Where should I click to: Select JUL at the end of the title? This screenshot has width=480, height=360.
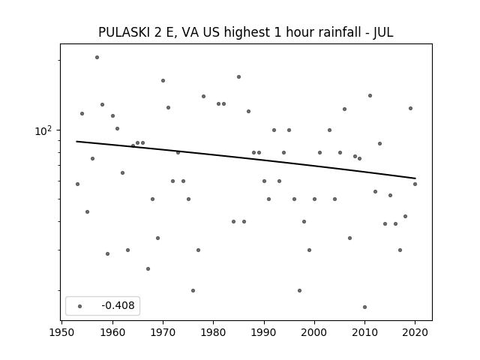[x=383, y=32]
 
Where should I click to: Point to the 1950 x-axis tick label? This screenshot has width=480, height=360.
[x=61, y=332]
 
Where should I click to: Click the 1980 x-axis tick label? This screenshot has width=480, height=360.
[x=213, y=332]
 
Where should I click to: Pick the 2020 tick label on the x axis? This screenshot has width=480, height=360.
[x=415, y=332]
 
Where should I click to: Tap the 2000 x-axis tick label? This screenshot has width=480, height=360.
[x=314, y=332]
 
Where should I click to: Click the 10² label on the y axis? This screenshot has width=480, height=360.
[x=43, y=130]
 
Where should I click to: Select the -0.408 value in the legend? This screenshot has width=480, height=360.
[x=118, y=305]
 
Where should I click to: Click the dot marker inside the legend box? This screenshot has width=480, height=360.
[x=79, y=306]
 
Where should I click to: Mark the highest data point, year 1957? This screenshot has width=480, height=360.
[x=97, y=57]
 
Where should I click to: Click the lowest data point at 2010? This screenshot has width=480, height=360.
[x=364, y=307]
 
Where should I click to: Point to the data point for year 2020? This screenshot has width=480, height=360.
[x=415, y=184]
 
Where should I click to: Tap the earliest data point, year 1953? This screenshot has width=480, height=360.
[x=77, y=184]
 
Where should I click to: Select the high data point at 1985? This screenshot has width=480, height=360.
[x=238, y=76]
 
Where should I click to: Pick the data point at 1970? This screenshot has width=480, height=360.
[x=163, y=80]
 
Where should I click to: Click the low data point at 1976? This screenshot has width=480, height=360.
[x=193, y=290]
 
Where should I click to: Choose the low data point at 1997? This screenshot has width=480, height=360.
[x=299, y=290]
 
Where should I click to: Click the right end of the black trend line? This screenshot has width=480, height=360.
[x=415, y=178]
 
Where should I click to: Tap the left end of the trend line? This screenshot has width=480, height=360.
[x=76, y=141]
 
